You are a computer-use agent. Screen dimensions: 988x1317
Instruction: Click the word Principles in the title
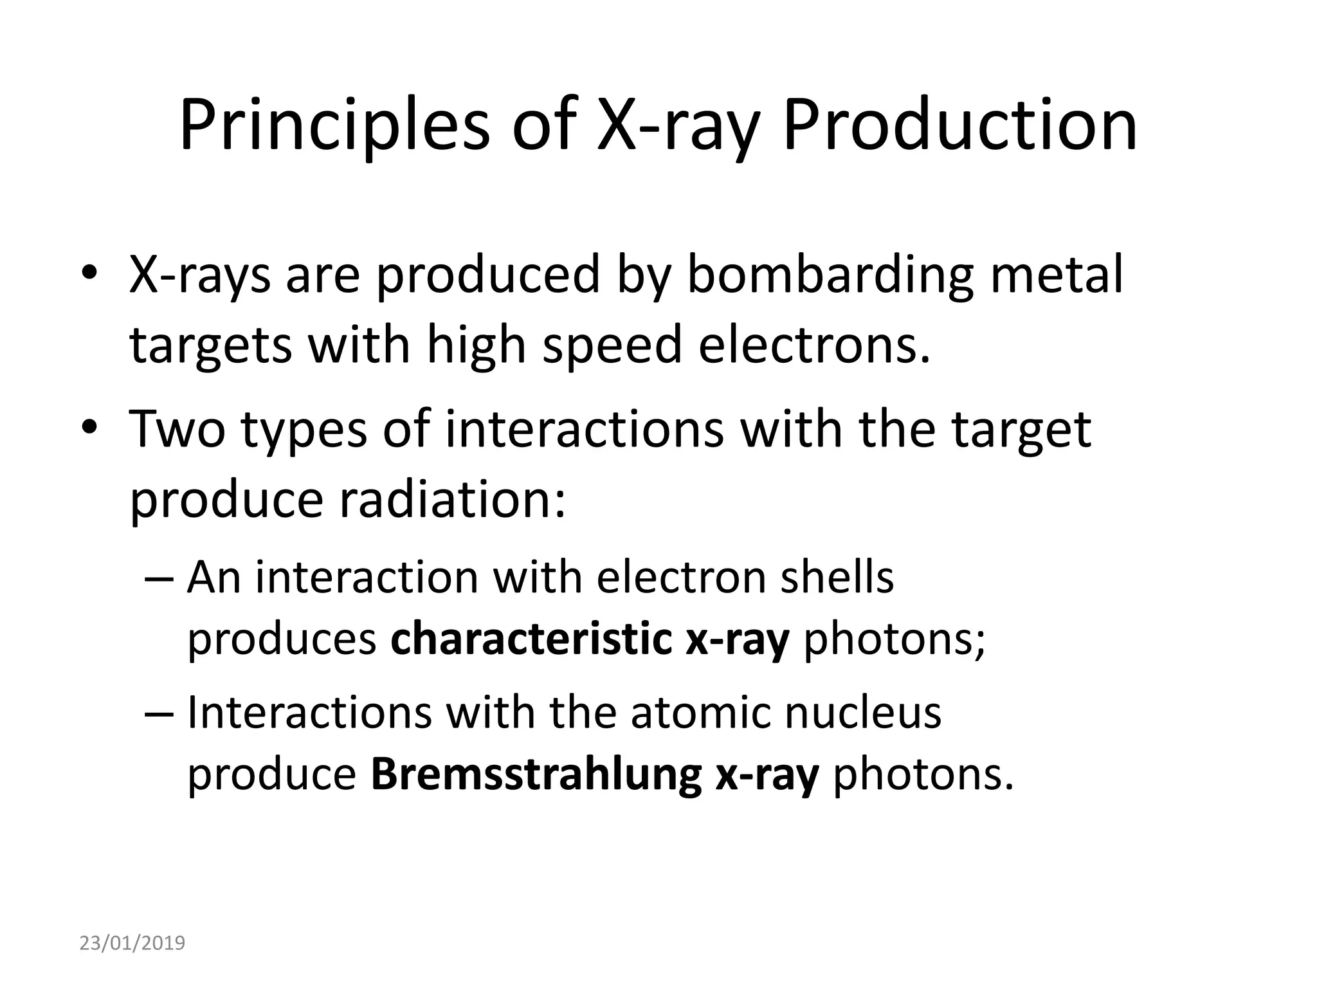[334, 125]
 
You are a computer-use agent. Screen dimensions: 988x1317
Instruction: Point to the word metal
[1057, 274]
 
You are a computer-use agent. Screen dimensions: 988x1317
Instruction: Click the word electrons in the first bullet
[814, 345]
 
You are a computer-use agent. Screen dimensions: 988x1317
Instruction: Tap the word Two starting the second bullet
[177, 429]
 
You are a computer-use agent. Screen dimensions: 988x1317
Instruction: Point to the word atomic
[701, 712]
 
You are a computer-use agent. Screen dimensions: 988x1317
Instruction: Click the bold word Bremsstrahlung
[536, 776]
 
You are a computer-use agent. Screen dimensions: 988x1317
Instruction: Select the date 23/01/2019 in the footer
[132, 943]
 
